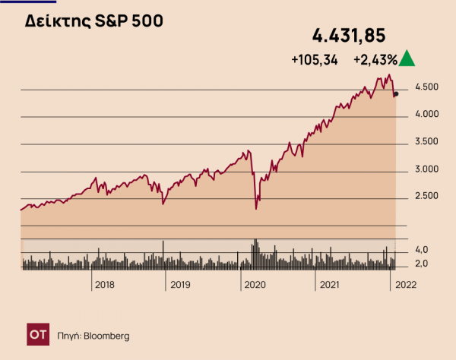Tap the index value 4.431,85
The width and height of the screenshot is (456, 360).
(350, 35)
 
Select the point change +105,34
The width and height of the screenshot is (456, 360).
(314, 60)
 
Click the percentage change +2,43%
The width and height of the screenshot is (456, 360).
(375, 60)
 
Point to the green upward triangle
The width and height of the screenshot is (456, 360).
(407, 58)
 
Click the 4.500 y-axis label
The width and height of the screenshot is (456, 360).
(417, 88)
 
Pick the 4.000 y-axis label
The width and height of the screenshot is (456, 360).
(417, 115)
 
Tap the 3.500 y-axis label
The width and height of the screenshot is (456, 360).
(417, 142)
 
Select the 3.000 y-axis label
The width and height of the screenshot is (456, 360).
(417, 169)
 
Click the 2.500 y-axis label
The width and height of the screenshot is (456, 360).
(417, 197)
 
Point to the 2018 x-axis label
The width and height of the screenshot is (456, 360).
(103, 286)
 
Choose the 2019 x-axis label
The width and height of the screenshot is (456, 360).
(179, 286)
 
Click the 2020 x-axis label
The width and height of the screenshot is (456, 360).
(254, 286)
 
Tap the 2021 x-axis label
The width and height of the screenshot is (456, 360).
(328, 286)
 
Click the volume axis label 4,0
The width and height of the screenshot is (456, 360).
(420, 250)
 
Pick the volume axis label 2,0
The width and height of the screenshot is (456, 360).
(420, 264)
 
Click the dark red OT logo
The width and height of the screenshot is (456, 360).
(37, 334)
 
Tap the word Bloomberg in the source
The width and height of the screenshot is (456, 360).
(106, 335)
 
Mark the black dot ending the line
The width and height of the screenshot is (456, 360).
(396, 94)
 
